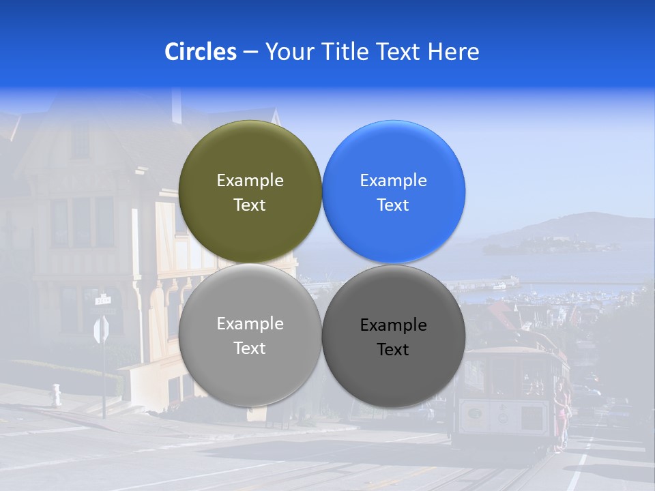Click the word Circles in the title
point(201,52)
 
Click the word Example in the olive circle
point(250,181)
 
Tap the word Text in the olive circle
point(250,205)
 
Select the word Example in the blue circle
point(393,181)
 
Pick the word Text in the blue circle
point(393,205)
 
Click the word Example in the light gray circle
point(250,324)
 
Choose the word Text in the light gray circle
point(250,348)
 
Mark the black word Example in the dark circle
point(393,325)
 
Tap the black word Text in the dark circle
point(393,350)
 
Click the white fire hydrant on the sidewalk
point(56,395)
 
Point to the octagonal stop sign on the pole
point(101,330)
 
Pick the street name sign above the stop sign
point(103,299)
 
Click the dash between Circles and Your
point(250,53)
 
